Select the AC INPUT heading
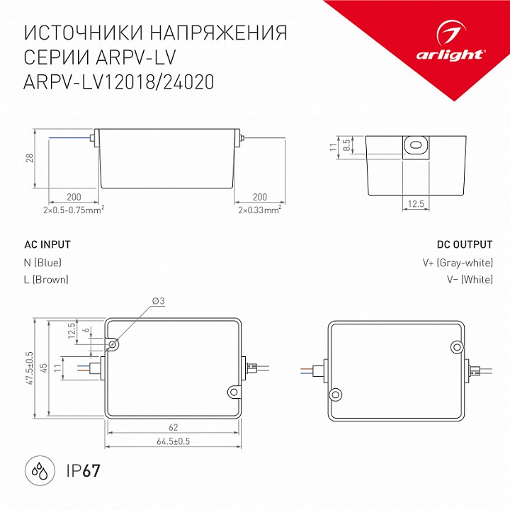coord(47,244)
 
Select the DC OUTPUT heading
coord(464,244)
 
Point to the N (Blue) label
coord(42,263)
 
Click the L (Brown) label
coord(46,280)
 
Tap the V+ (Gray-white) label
coord(458,263)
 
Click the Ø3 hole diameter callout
coord(158,302)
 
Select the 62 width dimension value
coord(174,428)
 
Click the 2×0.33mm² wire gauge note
coord(259,210)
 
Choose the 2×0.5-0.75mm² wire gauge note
coord(74,210)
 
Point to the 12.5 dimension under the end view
coord(416,204)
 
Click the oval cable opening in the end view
coord(416,146)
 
